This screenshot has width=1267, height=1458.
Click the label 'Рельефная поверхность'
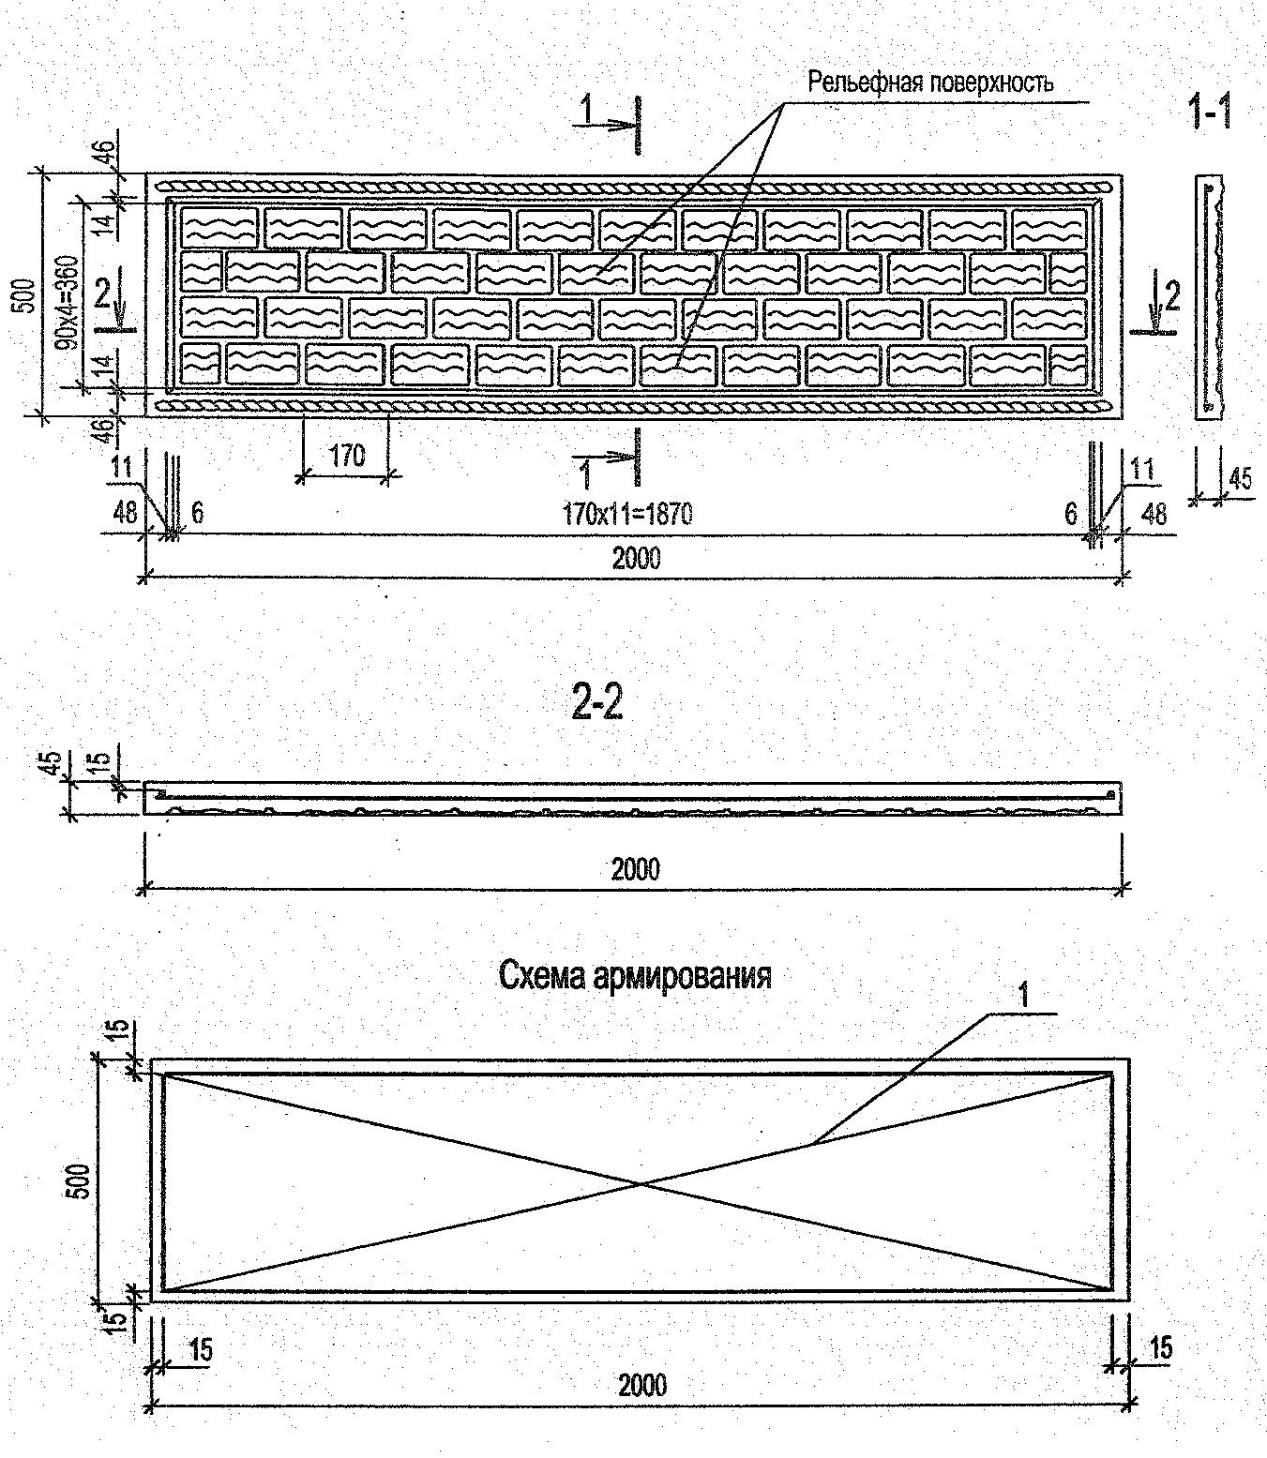point(930,83)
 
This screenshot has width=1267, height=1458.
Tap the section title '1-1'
point(1209,113)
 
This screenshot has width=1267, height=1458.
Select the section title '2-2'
point(596,703)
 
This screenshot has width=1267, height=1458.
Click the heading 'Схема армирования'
point(635,975)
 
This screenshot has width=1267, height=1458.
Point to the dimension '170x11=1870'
point(627,513)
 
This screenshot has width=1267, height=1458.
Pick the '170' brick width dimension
point(346,456)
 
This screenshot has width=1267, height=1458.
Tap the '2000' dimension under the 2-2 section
point(635,868)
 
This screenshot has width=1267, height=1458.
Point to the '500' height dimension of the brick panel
point(27,294)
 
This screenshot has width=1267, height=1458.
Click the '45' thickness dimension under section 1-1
point(1240,479)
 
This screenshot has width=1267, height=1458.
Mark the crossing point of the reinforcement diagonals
point(641,1183)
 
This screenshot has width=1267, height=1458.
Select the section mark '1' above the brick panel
point(586,110)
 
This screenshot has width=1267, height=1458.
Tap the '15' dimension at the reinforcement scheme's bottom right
point(1160,1347)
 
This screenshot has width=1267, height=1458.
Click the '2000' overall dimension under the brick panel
point(636,558)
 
